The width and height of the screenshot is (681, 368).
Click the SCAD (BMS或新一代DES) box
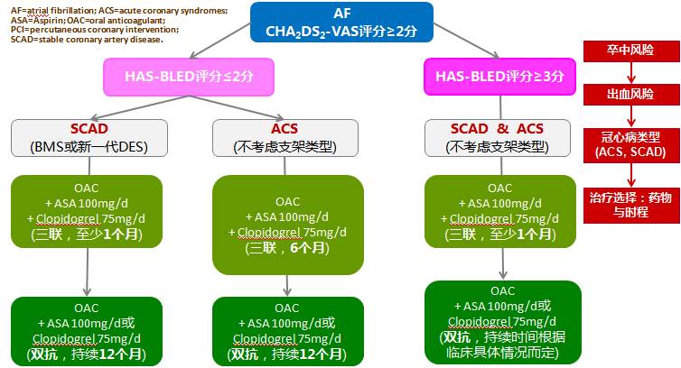[88, 137]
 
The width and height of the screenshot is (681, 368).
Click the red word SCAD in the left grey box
[88, 129]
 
